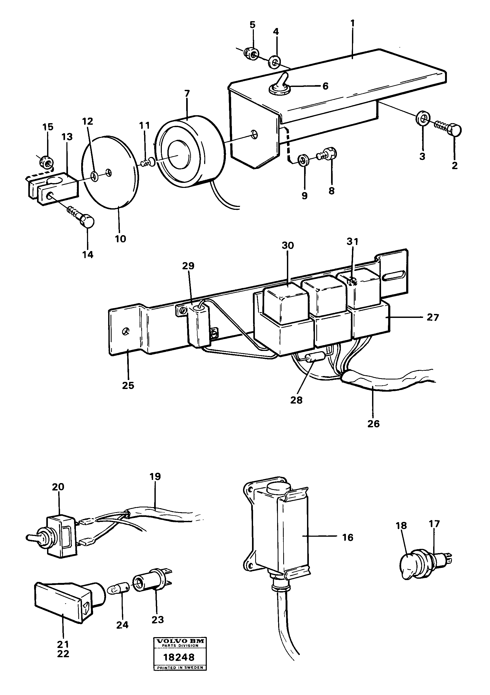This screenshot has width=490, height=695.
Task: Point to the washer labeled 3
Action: click(423, 119)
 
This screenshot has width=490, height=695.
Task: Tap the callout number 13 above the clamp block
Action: click(67, 137)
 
